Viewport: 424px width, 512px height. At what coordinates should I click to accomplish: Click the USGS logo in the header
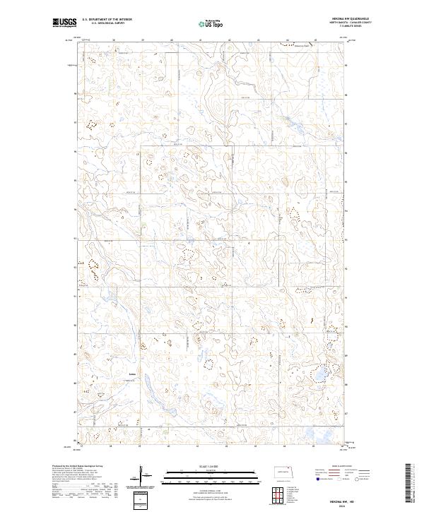tap(64, 23)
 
